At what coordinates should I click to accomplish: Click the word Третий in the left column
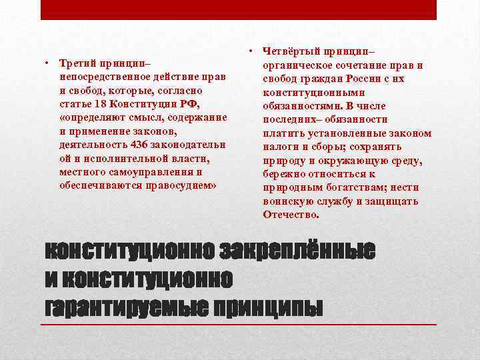[77, 65]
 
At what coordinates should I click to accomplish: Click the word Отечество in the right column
[291, 214]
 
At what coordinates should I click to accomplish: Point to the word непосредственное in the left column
[103, 77]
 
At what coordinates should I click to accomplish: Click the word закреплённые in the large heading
[297, 251]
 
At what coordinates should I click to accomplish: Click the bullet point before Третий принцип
[48, 65]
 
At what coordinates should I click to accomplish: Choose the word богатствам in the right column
[346, 187]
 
